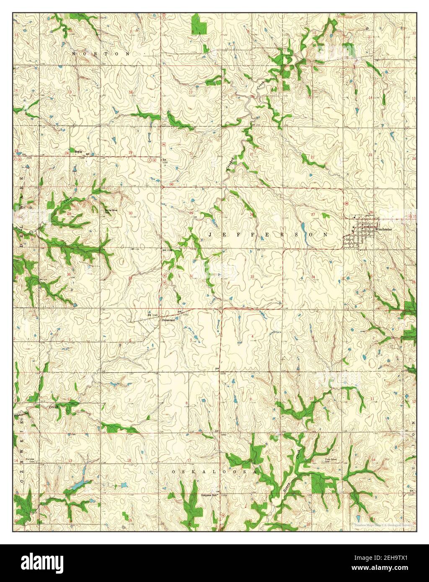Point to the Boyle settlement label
[78, 152]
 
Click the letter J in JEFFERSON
[210, 235]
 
